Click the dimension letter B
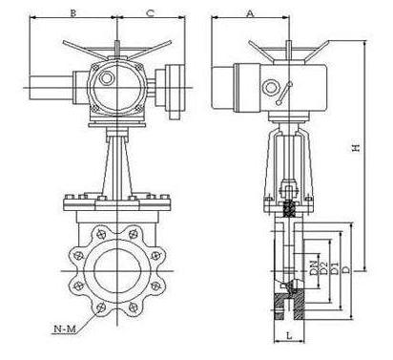pyautogui.click(x=73, y=13)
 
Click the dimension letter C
pyautogui.click(x=151, y=13)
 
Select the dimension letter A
pyautogui.click(x=251, y=13)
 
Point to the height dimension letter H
pyautogui.click(x=357, y=147)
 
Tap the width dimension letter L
pyautogui.click(x=289, y=335)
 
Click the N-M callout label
pyautogui.click(x=65, y=328)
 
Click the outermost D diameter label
pyautogui.click(x=346, y=269)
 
